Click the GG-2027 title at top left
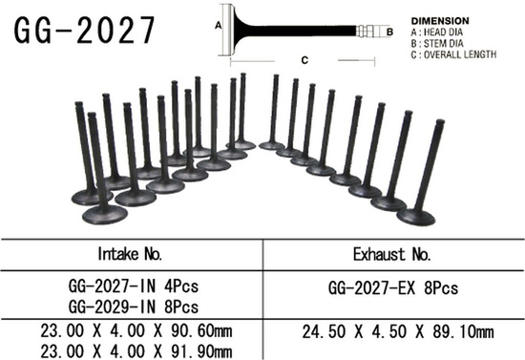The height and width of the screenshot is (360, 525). (83, 30)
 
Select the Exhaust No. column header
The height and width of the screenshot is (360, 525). (393, 255)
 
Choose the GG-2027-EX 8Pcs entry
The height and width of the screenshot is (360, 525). (393, 286)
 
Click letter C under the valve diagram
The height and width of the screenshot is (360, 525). (303, 59)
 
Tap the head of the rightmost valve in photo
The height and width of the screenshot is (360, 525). (416, 215)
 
